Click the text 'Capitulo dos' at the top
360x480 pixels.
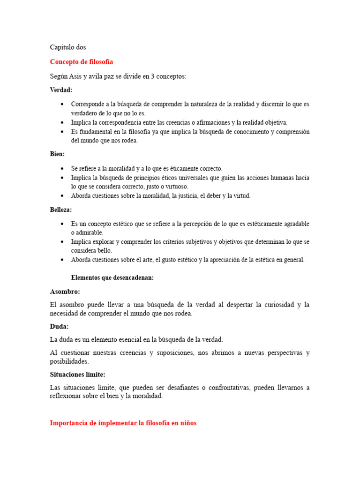(68, 47)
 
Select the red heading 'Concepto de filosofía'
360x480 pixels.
(82, 62)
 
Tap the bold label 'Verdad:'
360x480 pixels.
(61, 90)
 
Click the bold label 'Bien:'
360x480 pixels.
(57, 154)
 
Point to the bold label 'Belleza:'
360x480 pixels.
(61, 210)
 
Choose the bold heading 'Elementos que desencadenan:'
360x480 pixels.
(112, 277)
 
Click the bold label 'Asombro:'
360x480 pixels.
(65, 292)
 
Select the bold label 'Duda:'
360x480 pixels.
(59, 326)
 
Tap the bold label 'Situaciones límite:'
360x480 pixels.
(78, 375)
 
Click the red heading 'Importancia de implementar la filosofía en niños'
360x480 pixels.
(123, 423)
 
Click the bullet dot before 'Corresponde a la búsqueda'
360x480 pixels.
(62, 104)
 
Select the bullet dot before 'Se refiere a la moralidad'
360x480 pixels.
(62, 168)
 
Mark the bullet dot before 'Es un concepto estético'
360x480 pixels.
(62, 224)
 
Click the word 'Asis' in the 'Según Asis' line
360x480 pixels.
(75, 76)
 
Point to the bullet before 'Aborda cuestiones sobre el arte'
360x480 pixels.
(62, 260)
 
